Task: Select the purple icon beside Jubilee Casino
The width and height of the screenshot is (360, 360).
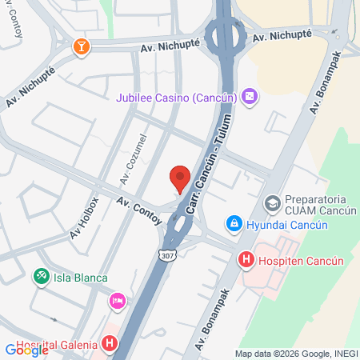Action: pyautogui.click(x=250, y=96)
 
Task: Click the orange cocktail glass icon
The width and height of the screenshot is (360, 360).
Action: pyautogui.click(x=81, y=48)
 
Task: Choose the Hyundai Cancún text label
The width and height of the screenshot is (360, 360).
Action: pyautogui.click(x=287, y=225)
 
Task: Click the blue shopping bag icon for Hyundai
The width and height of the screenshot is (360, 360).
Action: pyautogui.click(x=234, y=224)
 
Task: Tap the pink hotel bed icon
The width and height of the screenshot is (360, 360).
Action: pyautogui.click(x=117, y=302)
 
